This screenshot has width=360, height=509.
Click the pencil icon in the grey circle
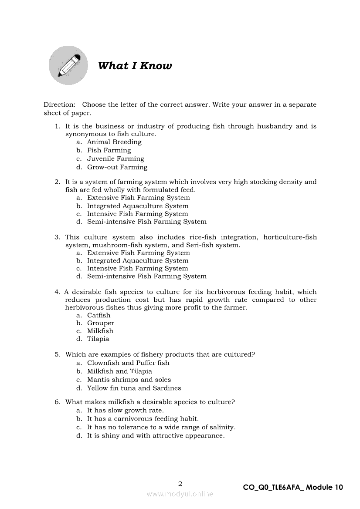pyautogui.click(x=68, y=65)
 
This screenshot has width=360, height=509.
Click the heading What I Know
pyautogui.click(x=135, y=66)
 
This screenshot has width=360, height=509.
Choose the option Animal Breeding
pyautogui.click(x=114, y=142)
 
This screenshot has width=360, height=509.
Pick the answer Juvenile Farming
pyautogui.click(x=115, y=159)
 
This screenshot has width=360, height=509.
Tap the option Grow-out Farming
pyautogui.click(x=117, y=167)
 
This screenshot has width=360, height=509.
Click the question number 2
pyautogui.click(x=57, y=182)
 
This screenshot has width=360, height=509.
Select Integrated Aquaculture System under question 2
pyautogui.click(x=138, y=206)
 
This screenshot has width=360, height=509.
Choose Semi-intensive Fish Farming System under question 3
pyautogui.click(x=147, y=276)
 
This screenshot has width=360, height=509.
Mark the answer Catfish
pyautogui.click(x=99, y=315)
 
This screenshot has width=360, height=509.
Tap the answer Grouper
pyautogui.click(x=101, y=323)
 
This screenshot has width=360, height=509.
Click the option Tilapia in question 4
pyautogui.click(x=98, y=339)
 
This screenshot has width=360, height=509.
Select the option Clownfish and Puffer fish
pyautogui.click(x=128, y=363)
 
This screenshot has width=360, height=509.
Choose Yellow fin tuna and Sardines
pyautogui.click(x=134, y=388)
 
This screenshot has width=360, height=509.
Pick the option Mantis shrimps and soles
pyautogui.click(x=129, y=380)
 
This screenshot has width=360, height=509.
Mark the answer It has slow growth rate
pyautogui.click(x=126, y=410)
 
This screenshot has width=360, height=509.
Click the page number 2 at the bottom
pyautogui.click(x=180, y=483)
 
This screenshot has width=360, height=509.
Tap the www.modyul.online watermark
pyautogui.click(x=180, y=494)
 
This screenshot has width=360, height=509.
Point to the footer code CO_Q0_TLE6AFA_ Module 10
pyautogui.click(x=293, y=488)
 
